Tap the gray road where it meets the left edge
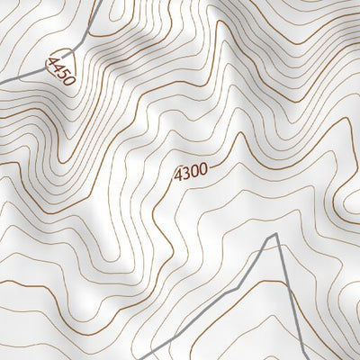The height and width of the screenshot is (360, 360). (x=1, y=82)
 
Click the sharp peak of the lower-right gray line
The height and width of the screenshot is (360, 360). (x=274, y=235)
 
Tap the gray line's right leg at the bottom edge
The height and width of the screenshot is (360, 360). (x=297, y=358)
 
